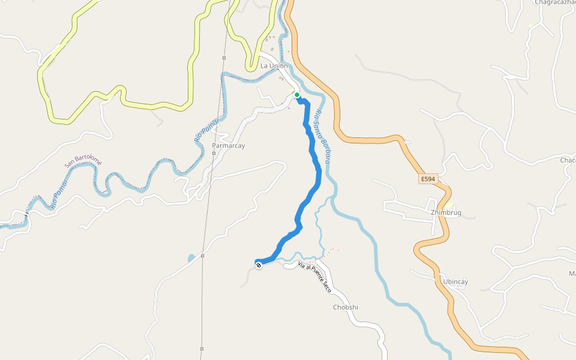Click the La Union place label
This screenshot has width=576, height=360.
point(274,66)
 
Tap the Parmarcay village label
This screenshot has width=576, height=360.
point(229,146)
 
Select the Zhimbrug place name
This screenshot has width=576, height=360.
point(445,212)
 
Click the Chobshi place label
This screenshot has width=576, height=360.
point(346,307)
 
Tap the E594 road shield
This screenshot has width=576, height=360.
point(427,179)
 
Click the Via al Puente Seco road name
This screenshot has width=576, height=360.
point(315,277)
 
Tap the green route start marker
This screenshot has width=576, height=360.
point(297,95)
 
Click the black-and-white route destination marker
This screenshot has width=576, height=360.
point(259,265)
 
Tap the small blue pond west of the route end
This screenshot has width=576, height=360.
point(191,258)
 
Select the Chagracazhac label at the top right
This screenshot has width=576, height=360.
point(555,2)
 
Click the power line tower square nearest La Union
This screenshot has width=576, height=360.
point(224,58)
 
